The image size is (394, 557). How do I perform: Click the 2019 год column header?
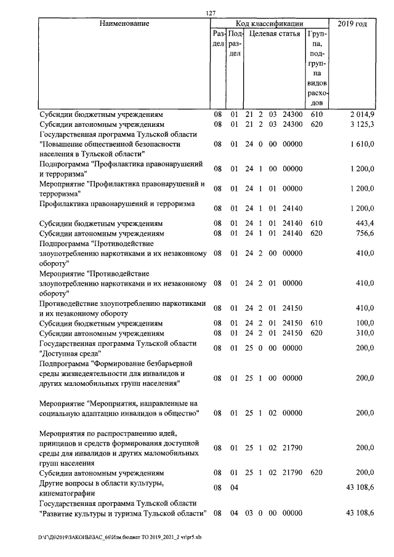(353, 24)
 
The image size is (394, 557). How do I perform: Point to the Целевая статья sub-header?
(275, 34)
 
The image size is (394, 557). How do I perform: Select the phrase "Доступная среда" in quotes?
(70, 353)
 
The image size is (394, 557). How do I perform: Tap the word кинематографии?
(67, 493)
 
